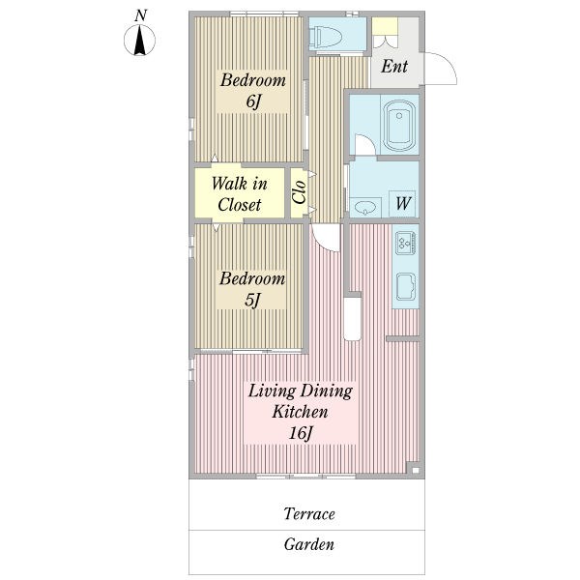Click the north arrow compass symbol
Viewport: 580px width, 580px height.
tap(139, 40)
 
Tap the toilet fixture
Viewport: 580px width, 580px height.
tap(325, 38)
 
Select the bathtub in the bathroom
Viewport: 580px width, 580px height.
tap(399, 126)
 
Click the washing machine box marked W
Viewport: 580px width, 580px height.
tap(402, 204)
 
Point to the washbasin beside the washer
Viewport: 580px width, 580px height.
tap(365, 208)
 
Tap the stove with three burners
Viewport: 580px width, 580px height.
tap(406, 243)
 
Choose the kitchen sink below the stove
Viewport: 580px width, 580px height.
tap(406, 287)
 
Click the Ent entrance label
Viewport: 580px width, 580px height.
tap(394, 67)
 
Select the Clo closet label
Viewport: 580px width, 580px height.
tap(299, 192)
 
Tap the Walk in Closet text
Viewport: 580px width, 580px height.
tap(240, 194)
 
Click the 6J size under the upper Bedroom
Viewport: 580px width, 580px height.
tap(253, 101)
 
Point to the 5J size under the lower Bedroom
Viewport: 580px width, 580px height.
tap(252, 300)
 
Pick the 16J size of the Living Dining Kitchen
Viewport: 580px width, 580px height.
tap(301, 433)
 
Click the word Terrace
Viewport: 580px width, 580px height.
tap(309, 514)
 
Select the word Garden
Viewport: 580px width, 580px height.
tap(309, 544)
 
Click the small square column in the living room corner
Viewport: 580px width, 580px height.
tap(415, 470)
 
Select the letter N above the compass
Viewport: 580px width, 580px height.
tap(140, 15)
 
